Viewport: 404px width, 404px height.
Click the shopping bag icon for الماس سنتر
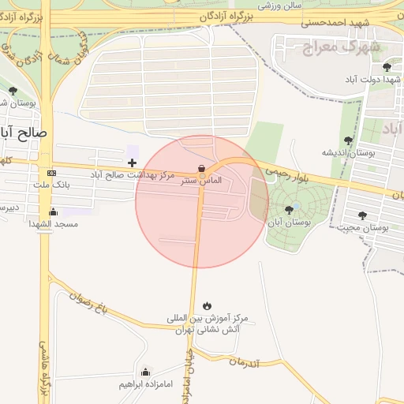pyautogui.click(x=202, y=168)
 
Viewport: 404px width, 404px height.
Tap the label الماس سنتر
pyautogui.click(x=202, y=181)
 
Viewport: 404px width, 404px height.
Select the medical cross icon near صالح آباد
pyautogui.click(x=132, y=163)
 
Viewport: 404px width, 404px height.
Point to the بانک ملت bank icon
pyautogui.click(x=52, y=174)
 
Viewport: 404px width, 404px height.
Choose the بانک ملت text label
pyautogui.click(x=53, y=185)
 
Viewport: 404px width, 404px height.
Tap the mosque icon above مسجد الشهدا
pyautogui.click(x=53, y=211)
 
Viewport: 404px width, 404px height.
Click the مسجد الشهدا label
pyautogui.click(x=53, y=224)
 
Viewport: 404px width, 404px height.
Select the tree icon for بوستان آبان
pyautogui.click(x=289, y=210)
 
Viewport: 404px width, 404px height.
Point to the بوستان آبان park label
pyautogui.click(x=290, y=223)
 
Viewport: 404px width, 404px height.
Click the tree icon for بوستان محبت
pyautogui.click(x=362, y=215)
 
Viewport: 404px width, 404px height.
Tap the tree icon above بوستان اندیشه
pyautogui.click(x=348, y=140)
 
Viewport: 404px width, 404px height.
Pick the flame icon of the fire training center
pyautogui.click(x=207, y=305)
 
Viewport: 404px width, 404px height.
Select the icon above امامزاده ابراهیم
pyautogui.click(x=145, y=372)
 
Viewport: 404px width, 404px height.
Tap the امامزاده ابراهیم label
pyautogui.click(x=146, y=384)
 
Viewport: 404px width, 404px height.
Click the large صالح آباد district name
pyautogui.click(x=23, y=133)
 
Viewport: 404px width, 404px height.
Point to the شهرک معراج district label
pyautogui.click(x=342, y=46)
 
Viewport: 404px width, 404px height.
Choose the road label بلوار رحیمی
pyautogui.click(x=287, y=174)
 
